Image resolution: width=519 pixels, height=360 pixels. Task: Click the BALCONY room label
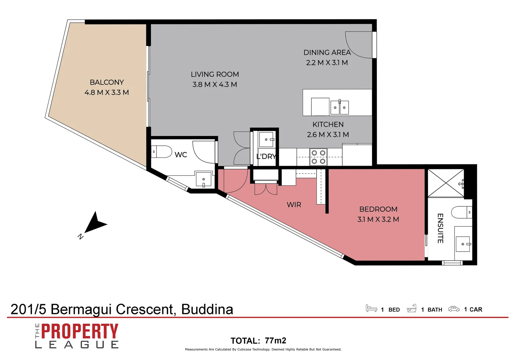tap(107, 82)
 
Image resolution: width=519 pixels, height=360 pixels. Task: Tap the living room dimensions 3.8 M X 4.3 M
tap(215, 85)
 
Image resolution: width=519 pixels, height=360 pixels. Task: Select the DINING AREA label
tap(327, 53)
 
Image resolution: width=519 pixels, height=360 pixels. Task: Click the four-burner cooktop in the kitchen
tap(318, 157)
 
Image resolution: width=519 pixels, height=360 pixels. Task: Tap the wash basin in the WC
tap(203, 179)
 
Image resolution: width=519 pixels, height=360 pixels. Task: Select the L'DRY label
tap(266, 156)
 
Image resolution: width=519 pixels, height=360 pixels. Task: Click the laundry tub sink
tap(266, 139)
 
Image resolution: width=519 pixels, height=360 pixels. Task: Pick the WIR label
tap(294, 205)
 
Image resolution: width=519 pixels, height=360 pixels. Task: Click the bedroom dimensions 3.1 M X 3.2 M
tap(378, 219)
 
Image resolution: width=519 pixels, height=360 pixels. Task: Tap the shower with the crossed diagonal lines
tap(446, 183)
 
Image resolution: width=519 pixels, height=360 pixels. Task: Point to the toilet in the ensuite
tap(462, 212)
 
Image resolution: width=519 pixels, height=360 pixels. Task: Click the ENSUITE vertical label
tap(440, 228)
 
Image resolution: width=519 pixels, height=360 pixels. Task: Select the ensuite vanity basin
tap(463, 244)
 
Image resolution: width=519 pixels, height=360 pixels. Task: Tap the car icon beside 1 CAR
tap(454, 309)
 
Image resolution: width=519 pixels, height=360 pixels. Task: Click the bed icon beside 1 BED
tap(371, 308)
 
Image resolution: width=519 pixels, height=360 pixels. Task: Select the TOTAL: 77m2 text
tap(258, 341)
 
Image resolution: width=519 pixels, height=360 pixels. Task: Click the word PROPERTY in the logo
tap(80, 332)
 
